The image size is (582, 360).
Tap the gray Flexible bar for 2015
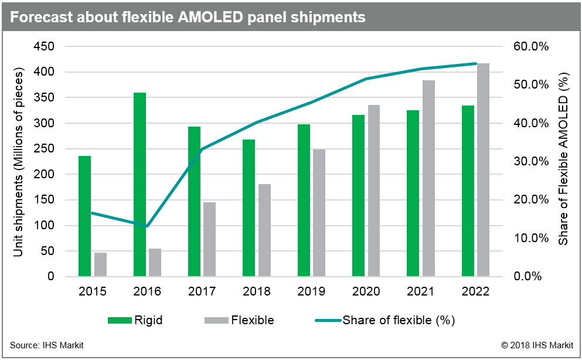click(100, 264)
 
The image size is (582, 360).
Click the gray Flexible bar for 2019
click(319, 212)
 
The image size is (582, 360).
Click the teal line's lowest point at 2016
click(147, 226)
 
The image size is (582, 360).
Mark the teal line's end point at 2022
click(475, 63)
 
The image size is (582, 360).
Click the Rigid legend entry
click(135, 320)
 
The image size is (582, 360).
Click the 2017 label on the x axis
click(202, 291)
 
